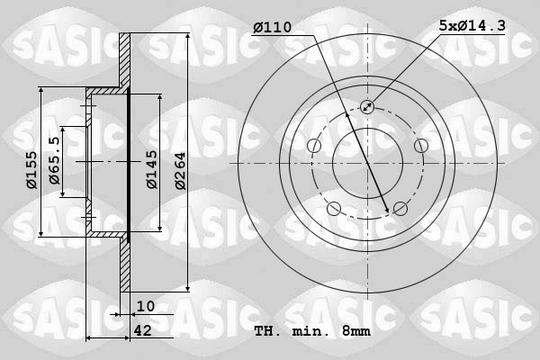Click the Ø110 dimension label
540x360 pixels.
(273, 27)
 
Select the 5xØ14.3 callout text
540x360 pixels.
(472, 25)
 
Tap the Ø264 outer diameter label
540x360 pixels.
(180, 171)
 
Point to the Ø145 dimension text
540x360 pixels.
(152, 169)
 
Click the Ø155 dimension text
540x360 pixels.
(31, 170)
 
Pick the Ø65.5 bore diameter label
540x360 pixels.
(54, 160)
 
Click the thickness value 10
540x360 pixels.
(146, 306)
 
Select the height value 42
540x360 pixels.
(142, 330)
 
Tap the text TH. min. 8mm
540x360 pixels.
(312, 331)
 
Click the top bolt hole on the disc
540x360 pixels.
(367, 106)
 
